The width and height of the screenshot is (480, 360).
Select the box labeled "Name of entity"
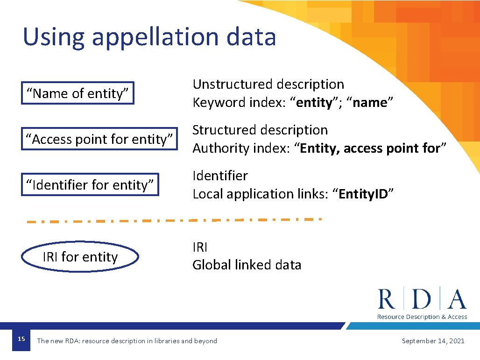click(78, 93)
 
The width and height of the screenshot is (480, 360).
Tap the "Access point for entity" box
click(99, 139)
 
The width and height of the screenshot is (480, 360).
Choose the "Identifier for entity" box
click(90, 185)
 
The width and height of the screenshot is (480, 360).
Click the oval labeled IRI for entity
click(80, 257)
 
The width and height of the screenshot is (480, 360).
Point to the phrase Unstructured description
click(268, 85)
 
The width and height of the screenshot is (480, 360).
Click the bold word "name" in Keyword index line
click(370, 103)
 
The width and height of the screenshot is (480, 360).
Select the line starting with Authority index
click(319, 148)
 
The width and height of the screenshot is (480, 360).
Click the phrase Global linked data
click(247, 265)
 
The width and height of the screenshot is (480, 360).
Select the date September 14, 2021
click(433, 341)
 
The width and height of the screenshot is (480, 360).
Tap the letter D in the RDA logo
click(422, 299)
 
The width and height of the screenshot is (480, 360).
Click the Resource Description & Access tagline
click(422, 317)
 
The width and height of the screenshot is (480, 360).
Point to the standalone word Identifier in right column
click(220, 176)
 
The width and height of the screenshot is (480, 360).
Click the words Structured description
click(260, 130)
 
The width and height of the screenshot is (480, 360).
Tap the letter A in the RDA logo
click(456, 299)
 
